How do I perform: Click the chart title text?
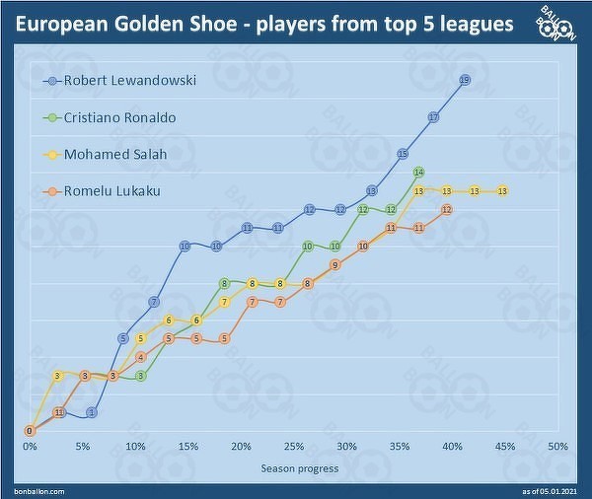click(263, 23)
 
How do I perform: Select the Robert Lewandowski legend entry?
click(128, 81)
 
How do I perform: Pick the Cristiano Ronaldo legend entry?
click(119, 117)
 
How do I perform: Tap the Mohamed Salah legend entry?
click(114, 154)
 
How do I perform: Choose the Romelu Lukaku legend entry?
click(111, 190)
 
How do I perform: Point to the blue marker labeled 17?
click(433, 117)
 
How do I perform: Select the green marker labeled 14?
click(418, 173)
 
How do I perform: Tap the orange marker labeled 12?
click(447, 209)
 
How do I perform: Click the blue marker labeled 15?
click(403, 154)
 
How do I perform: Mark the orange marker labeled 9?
click(335, 264)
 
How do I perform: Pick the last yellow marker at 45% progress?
click(503, 191)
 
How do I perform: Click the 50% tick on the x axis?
click(557, 447)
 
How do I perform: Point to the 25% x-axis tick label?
click(293, 447)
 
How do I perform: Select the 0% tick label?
click(30, 447)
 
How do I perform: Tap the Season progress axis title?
click(299, 467)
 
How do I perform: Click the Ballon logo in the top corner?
click(558, 24)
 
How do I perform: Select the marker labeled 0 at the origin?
click(30, 431)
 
